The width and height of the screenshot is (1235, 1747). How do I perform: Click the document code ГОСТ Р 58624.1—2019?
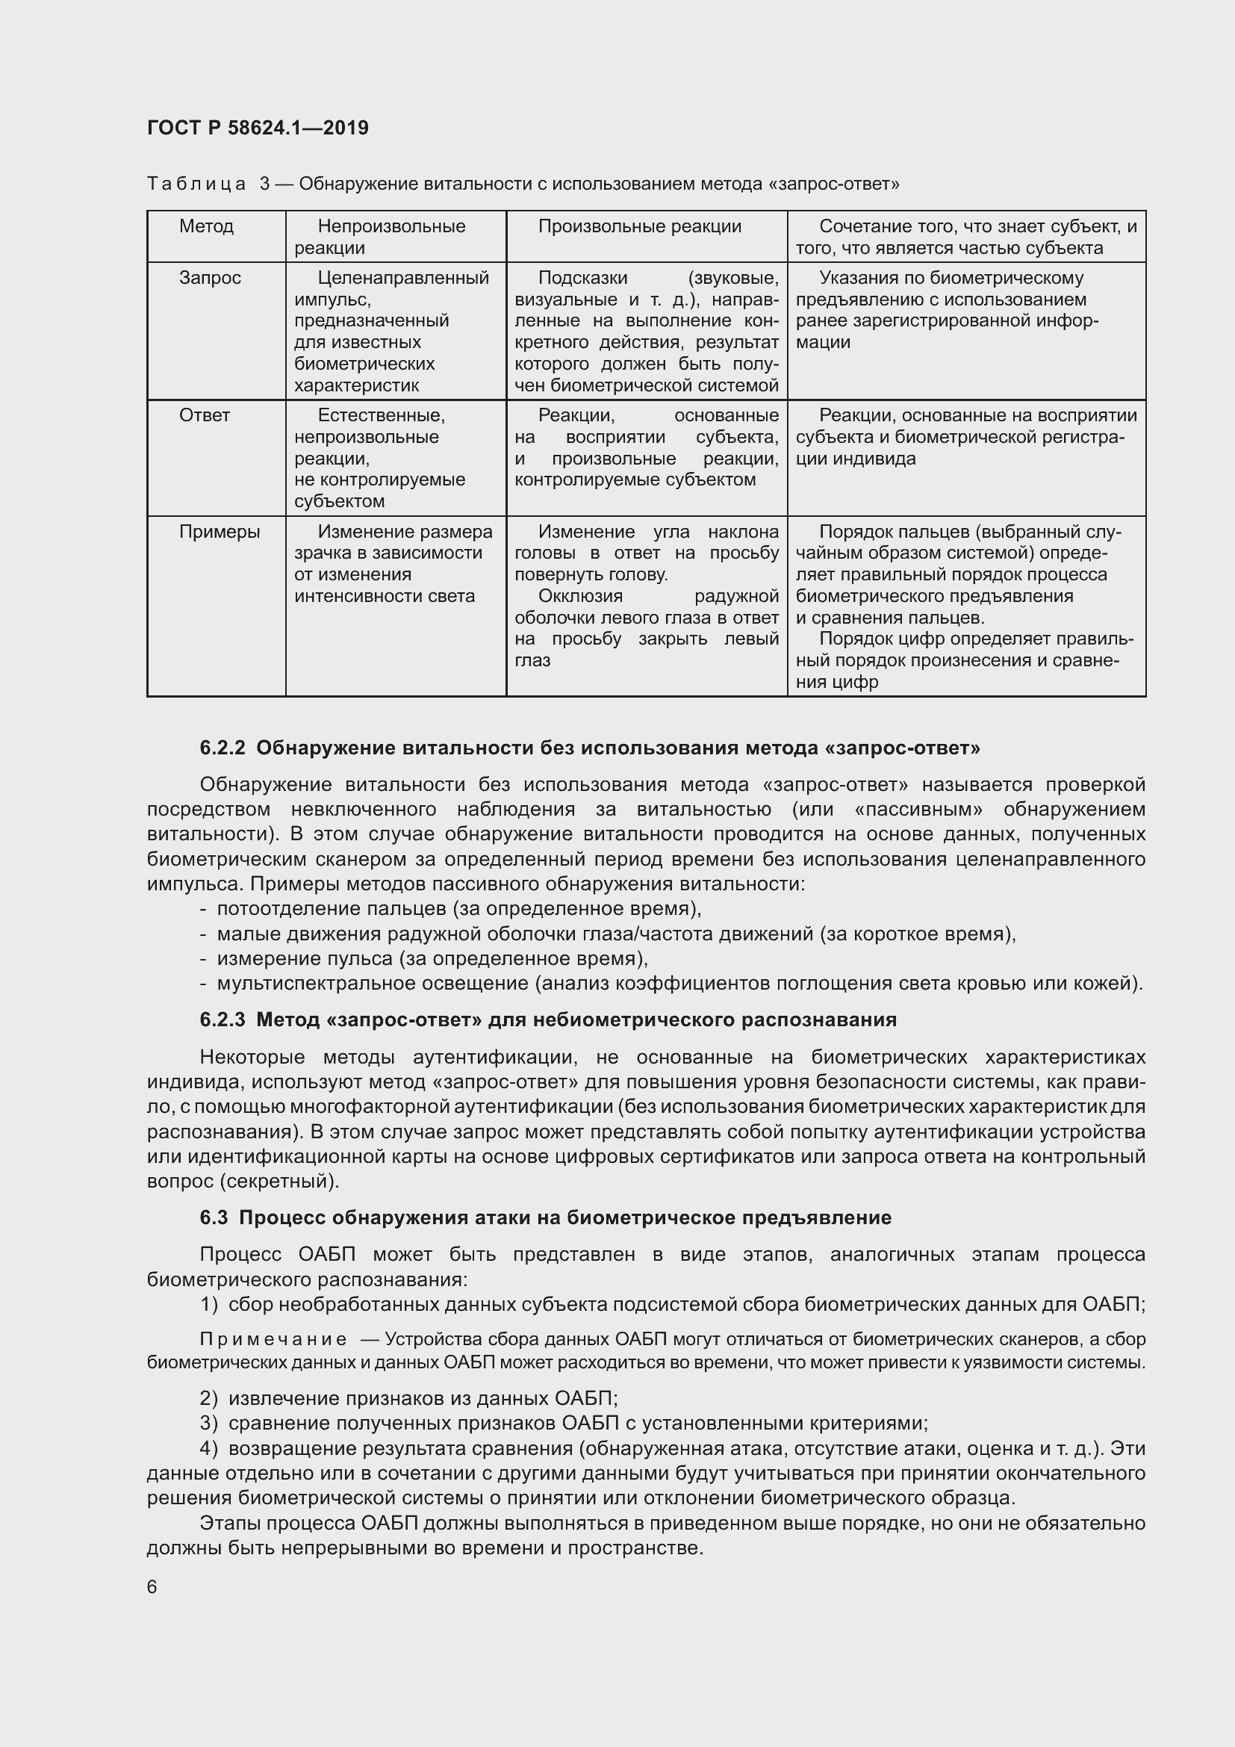click(258, 128)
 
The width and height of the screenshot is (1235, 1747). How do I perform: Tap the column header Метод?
click(206, 226)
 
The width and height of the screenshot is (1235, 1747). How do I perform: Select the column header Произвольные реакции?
click(639, 226)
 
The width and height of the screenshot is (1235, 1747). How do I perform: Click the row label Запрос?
click(210, 278)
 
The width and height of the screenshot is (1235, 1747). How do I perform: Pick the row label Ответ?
click(204, 415)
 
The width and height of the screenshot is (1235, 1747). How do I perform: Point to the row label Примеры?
click(219, 532)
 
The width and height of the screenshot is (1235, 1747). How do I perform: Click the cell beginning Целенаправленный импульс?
click(392, 331)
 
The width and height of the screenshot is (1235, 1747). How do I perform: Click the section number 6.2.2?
click(222, 748)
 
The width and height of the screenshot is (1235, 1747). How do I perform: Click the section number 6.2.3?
click(222, 1020)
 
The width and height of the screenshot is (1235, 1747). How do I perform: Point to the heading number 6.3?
click(214, 1217)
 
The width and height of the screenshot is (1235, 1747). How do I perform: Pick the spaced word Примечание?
click(273, 1339)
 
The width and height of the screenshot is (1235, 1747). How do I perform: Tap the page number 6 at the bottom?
click(152, 1586)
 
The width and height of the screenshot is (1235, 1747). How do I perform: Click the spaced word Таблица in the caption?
click(196, 184)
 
